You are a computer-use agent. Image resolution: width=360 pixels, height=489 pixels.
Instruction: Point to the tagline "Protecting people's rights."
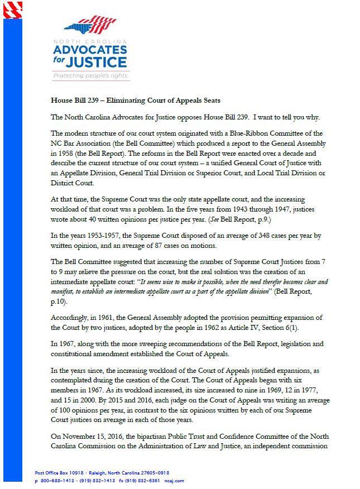(91, 75)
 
